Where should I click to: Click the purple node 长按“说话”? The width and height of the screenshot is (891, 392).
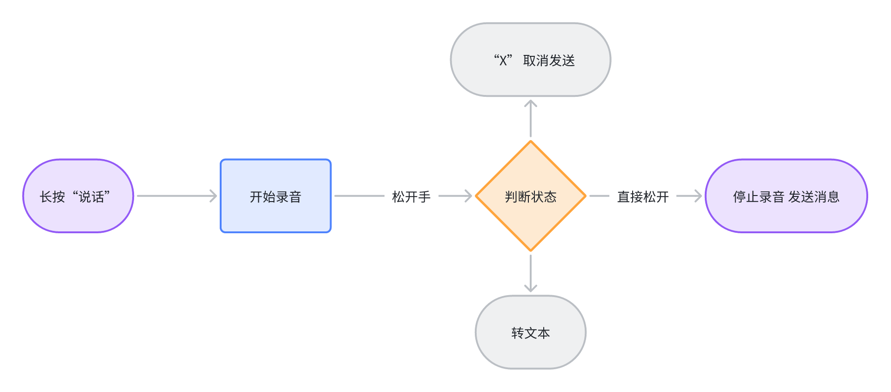78,196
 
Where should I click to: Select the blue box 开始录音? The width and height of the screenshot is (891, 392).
276,196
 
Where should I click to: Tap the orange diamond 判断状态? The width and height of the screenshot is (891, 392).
530,196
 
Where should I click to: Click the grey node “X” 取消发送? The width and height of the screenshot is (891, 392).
530,60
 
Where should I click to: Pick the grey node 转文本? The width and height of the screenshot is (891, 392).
530,332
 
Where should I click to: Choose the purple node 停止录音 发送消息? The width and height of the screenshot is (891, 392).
786,196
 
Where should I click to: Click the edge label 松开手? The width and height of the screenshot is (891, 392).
411,196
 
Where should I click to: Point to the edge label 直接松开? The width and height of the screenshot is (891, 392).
643,196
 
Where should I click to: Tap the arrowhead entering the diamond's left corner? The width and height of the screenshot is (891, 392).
469,196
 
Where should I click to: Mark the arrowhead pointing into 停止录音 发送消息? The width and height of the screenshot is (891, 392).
699,196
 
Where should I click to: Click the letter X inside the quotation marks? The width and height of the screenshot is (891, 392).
503,61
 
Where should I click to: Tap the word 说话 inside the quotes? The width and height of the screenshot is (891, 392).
91,196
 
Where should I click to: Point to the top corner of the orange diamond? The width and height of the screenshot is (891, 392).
530,142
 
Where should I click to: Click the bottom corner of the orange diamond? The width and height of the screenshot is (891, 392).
530,250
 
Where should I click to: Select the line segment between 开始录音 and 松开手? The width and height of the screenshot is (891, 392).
359,196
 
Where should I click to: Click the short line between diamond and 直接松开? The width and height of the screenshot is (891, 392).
599,196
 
